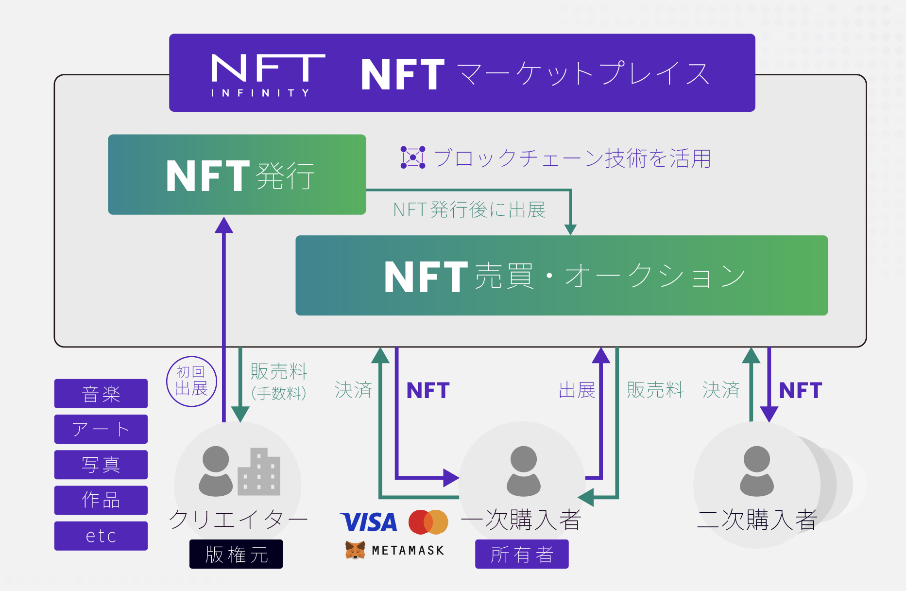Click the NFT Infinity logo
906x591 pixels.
[x=268, y=75]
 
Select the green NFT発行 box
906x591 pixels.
[x=237, y=174]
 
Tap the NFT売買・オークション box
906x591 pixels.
[x=562, y=276]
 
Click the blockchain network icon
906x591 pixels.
[x=413, y=157]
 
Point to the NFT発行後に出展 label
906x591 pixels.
[x=469, y=210]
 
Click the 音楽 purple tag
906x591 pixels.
[x=101, y=394]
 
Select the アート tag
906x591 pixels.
[x=101, y=429]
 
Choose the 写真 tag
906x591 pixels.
[x=101, y=465]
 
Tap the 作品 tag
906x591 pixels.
[x=101, y=500]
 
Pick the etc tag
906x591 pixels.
[x=101, y=536]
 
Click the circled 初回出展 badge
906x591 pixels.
[x=191, y=382]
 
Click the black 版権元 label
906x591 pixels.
[x=236, y=554]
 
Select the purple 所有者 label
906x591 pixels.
[x=522, y=554]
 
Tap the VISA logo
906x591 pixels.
[x=369, y=522]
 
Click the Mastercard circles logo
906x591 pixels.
[x=428, y=522]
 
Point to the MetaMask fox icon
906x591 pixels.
[x=355, y=551]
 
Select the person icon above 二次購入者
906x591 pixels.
[x=756, y=471]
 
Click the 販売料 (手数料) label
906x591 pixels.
[x=279, y=382]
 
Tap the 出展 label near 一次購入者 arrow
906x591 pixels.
[x=577, y=390]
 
